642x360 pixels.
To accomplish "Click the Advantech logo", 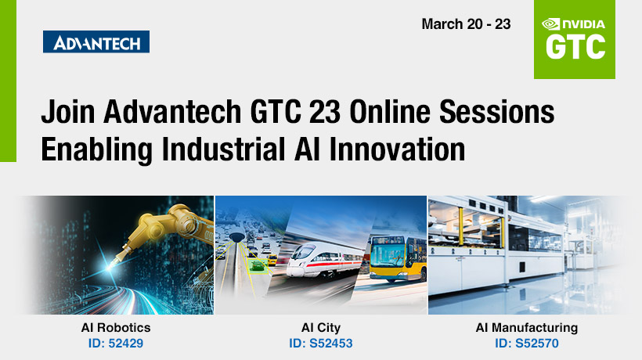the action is (96, 41).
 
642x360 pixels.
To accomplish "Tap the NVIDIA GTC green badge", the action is (575, 39).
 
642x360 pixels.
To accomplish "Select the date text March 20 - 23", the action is (466, 24).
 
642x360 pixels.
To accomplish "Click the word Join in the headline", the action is (68, 112).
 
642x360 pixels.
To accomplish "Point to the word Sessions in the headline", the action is (496, 112).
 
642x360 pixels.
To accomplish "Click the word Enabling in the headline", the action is (96, 149).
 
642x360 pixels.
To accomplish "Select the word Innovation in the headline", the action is (397, 149).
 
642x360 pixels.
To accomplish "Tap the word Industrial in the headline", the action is (224, 149).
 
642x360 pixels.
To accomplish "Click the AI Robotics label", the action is (116, 328).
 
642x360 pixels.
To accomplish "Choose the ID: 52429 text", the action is (116, 344).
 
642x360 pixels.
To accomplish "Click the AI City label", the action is (321, 328).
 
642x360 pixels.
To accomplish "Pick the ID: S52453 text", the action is (321, 344).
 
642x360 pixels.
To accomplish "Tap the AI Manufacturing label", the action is (527, 328).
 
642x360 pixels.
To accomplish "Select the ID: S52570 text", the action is (527, 344).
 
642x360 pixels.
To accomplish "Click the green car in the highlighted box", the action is (257, 266).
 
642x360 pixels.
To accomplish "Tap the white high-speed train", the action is (323, 261).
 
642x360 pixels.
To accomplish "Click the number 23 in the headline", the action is (325, 112).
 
